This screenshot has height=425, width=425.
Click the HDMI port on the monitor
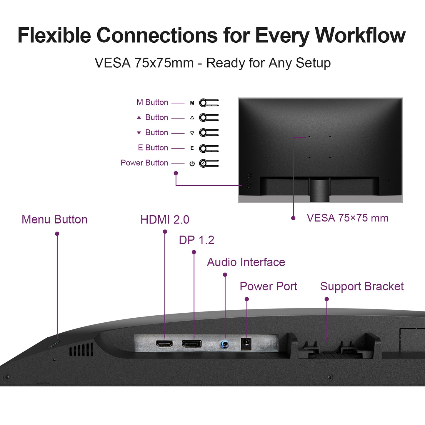click(164, 344)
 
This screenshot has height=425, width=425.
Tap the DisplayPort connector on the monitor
click(192, 344)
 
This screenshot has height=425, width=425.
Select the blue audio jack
click(225, 344)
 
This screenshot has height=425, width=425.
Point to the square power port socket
click(246, 344)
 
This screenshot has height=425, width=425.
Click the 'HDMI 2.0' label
click(165, 220)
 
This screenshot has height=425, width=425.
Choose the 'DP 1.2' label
click(196, 240)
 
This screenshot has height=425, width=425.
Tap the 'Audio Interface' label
click(246, 262)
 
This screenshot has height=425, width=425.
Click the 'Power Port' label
click(268, 286)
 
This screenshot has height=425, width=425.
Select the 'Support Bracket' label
click(362, 286)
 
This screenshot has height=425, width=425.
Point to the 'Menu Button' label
click(54, 219)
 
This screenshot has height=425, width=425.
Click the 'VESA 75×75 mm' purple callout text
click(347, 218)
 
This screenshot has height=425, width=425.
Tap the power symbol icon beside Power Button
click(192, 164)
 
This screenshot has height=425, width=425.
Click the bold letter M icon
click(192, 103)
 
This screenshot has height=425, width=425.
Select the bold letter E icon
click(192, 148)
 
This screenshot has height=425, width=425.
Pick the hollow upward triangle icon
click(192, 118)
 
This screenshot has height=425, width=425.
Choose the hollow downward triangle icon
click(192, 133)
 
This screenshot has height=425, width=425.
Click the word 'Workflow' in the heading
click(360, 35)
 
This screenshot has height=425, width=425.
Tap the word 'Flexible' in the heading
click(54, 35)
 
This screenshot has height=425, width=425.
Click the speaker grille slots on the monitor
click(81, 350)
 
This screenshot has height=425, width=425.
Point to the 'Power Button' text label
click(144, 163)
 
